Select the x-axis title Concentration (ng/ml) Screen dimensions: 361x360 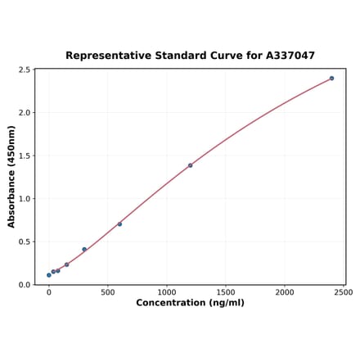pos(190,303)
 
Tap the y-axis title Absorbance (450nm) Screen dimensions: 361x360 pos(11,176)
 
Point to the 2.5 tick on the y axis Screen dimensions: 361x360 pos(24,70)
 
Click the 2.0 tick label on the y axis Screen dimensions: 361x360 pos(24,113)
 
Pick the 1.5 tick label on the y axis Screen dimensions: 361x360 pos(24,156)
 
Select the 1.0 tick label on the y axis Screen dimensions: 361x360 pos(24,199)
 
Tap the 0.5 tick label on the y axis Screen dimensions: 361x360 pos(24,241)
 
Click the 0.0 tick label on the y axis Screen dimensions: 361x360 pos(24,285)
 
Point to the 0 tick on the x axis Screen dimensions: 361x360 pos(48,292)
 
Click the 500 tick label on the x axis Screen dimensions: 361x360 pos(107,292)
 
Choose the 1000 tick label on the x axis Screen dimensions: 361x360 pos(167,292)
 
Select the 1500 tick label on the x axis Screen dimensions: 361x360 pos(226,292)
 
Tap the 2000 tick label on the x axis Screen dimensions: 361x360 pos(285,292)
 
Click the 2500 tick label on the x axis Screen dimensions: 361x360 pos(344,292)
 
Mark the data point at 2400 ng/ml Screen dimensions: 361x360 pos(331,79)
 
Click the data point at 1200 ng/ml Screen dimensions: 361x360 pos(190,165)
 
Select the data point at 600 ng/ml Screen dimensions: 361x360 pos(119,224)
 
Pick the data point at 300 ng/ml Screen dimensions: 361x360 pos(84,250)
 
